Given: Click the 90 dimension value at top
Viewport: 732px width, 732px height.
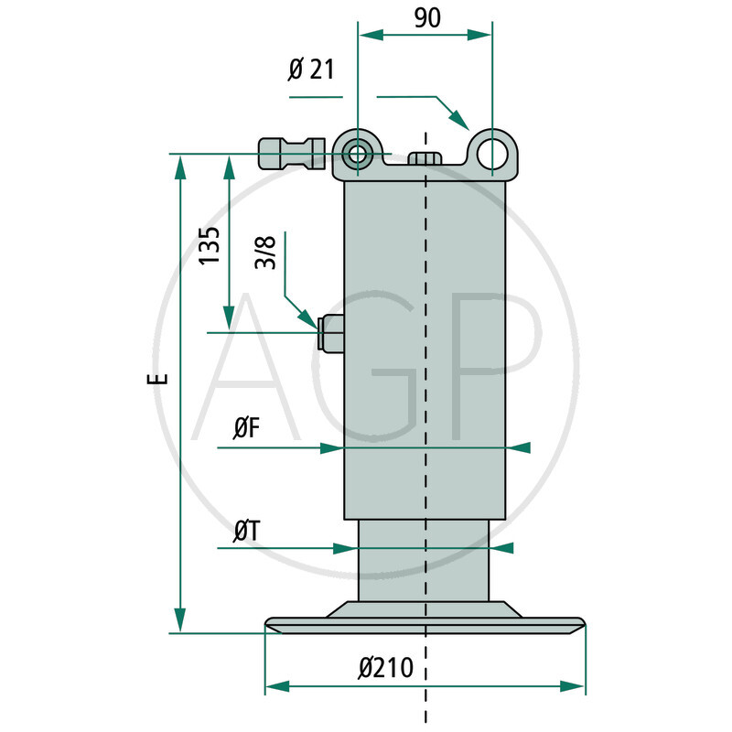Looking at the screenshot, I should click(x=426, y=18).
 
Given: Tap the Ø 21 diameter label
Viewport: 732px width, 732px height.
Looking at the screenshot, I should click(x=311, y=69).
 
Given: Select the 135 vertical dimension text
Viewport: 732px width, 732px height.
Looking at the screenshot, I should click(x=209, y=245).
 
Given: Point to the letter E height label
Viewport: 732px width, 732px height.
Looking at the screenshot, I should click(x=160, y=378).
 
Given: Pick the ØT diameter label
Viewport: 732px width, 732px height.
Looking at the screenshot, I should click(x=245, y=529).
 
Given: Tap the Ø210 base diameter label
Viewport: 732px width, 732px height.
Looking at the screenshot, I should click(x=393, y=668).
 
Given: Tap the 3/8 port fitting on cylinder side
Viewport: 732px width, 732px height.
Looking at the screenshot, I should click(x=329, y=333).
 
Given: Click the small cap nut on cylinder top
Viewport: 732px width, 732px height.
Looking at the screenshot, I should click(x=425, y=159).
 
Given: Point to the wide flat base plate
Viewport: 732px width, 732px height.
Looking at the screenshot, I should click(x=425, y=625).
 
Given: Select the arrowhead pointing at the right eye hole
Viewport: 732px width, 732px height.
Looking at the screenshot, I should click(x=460, y=120).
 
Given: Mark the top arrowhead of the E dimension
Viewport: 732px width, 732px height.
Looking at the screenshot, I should click(x=181, y=165).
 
